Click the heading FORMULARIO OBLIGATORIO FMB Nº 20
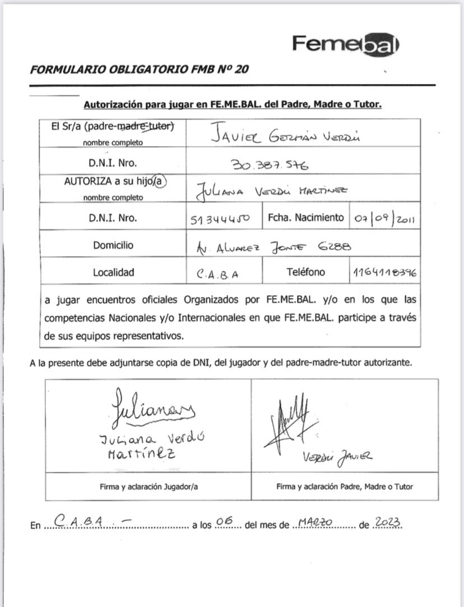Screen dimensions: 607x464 tap(140, 70)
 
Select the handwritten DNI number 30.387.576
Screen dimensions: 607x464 tap(271, 165)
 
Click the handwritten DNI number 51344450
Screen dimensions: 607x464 tap(220, 220)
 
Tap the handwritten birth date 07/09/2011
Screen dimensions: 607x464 tap(384, 218)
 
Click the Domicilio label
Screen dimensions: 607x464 tap(114, 245)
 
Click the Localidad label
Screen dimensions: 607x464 tap(114, 273)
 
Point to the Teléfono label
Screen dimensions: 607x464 tap(306, 272)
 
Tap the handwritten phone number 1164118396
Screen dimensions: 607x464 tap(384, 273)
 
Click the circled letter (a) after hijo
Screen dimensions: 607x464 tap(162, 181)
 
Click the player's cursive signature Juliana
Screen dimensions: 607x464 tap(152, 408)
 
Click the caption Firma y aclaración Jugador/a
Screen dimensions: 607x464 tap(149, 487)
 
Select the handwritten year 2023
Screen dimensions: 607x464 tap(388, 522)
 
